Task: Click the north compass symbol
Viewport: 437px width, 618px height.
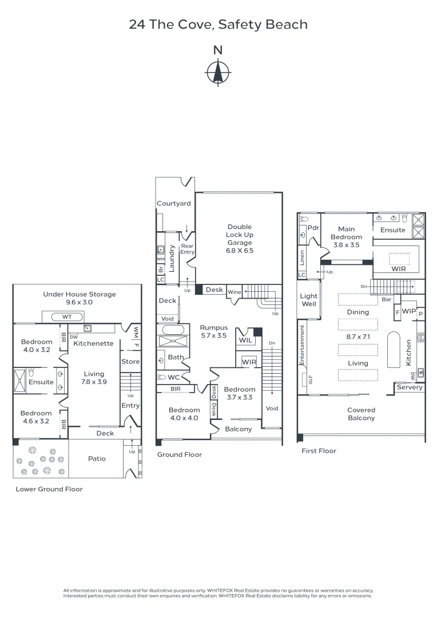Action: pos(218,72)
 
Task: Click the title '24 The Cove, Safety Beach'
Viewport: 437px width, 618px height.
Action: pos(218,25)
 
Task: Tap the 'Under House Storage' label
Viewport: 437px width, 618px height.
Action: pos(80,294)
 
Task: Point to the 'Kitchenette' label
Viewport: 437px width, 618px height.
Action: pos(93,343)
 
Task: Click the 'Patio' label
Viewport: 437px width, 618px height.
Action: pos(97,458)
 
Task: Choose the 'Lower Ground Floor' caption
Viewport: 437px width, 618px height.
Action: pos(49,489)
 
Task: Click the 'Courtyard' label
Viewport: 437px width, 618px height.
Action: pos(173,204)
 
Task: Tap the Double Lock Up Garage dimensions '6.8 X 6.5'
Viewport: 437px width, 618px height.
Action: pos(240,251)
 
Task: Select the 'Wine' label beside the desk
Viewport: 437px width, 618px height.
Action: pos(235,292)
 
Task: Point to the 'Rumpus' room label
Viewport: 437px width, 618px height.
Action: pos(213,328)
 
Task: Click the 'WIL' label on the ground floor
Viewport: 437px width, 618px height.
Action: pos(245,340)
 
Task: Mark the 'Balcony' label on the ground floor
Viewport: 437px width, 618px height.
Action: pos(238,429)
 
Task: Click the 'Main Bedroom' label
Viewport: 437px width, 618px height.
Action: pos(346,233)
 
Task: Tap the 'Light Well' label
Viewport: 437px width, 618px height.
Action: pos(309,300)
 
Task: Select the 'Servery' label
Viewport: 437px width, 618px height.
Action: pos(410,387)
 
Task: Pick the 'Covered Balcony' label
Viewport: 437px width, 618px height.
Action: pos(361,414)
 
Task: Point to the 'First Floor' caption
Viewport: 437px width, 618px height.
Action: pos(319,451)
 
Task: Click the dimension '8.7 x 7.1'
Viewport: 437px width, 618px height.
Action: pos(357,338)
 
